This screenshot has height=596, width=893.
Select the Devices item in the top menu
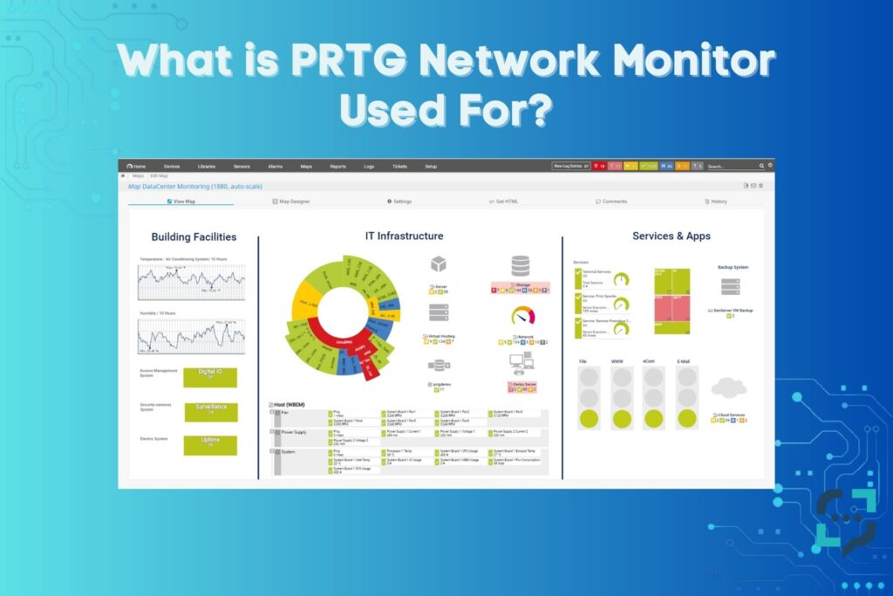172,166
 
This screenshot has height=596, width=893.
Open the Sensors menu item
242,166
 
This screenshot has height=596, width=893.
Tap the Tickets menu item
399,166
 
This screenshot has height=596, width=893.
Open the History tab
715,202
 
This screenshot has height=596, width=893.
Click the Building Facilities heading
194,236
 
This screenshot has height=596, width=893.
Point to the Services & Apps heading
671,236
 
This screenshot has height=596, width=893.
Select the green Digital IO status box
209,377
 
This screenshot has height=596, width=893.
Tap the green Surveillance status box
210,411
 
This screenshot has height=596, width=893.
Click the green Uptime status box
209,444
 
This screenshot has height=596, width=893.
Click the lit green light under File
590,418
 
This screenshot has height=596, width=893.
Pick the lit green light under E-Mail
687,418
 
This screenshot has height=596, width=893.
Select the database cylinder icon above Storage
521,265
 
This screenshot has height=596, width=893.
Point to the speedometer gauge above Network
522,317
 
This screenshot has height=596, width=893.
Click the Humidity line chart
191,337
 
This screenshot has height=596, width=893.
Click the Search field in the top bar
731,166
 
